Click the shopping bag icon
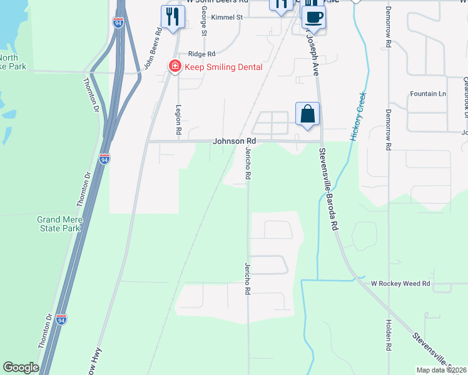point(307,114)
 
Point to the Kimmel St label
point(226,17)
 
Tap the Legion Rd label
point(178,120)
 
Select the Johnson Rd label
point(235,141)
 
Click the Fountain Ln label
point(428,94)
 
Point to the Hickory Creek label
point(358,116)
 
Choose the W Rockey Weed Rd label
point(401,284)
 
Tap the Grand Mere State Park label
point(58,224)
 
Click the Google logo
point(21,367)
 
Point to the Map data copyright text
point(440,370)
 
